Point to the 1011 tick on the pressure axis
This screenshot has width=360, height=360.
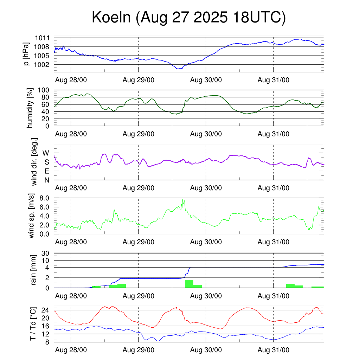(43, 38)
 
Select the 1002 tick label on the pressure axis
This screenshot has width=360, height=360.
(43, 65)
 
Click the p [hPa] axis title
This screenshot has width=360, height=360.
(26, 53)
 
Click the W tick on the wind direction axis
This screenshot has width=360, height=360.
(46, 153)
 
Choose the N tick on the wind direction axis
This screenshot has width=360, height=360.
(46, 180)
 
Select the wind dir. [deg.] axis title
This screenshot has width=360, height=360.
(34, 162)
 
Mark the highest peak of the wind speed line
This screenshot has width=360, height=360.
(182, 200)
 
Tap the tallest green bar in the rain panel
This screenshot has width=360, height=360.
(189, 283)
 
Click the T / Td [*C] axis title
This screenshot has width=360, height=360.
(33, 324)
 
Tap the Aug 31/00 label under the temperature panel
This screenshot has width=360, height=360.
(274, 350)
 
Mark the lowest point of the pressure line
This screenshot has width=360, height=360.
(179, 69)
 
